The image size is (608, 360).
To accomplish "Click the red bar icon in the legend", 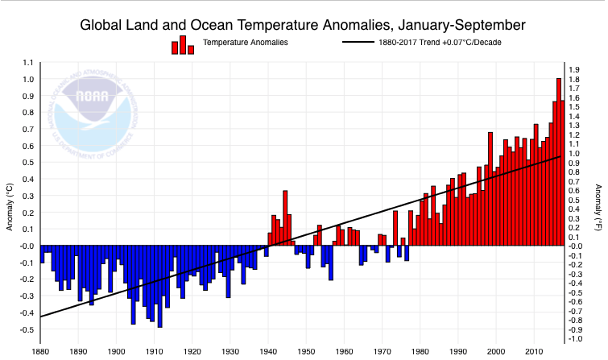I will coord(183,44).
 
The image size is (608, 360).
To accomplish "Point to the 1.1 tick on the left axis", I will coord(28,63).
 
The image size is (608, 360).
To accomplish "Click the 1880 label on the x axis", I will coord(40,352).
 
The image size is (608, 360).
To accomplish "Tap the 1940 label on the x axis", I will coord(268,352).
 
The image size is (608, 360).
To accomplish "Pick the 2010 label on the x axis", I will coord(533,352).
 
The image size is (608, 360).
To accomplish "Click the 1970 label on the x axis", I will coord(382,352).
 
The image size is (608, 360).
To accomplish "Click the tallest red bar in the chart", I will coord(559,161).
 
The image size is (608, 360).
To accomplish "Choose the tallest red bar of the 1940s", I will coord(285,217).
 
